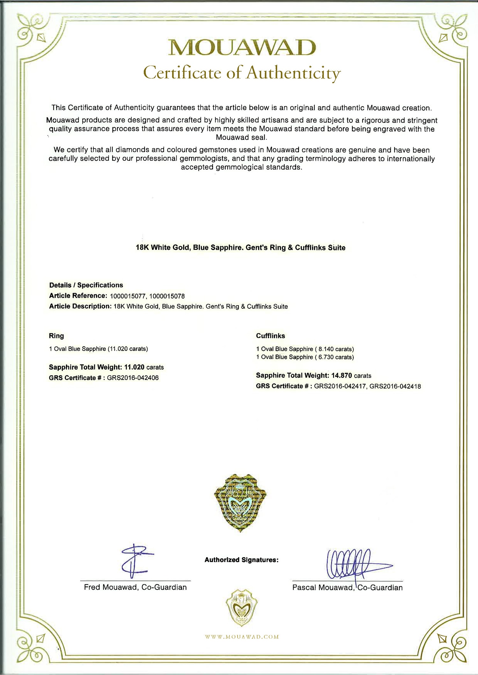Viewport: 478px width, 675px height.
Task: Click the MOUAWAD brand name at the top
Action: point(242,48)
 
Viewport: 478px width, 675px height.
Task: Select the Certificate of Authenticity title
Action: point(242,73)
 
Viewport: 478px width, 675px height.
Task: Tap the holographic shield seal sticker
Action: point(241,503)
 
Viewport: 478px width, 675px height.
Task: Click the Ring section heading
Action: point(56,336)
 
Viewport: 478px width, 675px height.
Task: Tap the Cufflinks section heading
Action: point(271,336)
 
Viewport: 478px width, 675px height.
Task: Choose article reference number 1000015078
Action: point(167,296)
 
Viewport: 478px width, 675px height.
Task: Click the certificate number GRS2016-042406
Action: point(133,378)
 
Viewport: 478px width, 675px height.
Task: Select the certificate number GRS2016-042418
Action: point(395,386)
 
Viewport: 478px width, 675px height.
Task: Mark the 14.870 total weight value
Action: point(342,376)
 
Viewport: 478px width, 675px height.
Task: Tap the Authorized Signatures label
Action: point(242,560)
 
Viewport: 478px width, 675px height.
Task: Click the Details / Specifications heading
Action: point(86,285)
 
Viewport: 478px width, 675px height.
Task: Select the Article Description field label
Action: point(80,306)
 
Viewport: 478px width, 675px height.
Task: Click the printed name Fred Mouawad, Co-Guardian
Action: point(135,587)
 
